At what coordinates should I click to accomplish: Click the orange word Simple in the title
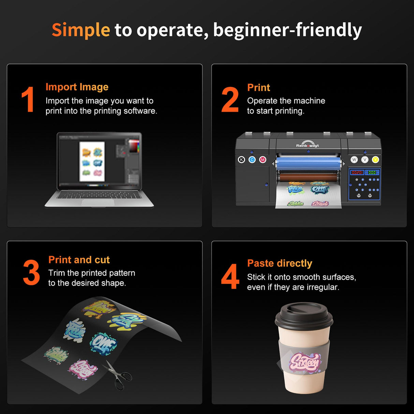tap(81, 30)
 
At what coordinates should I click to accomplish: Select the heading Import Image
tap(77, 87)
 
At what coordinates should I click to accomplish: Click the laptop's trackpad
tap(98, 203)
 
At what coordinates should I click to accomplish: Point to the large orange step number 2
tap(230, 100)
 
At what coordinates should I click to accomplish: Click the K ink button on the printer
tap(241, 160)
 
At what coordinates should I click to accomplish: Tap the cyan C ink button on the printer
tap(252, 160)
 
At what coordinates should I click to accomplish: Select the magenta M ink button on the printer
tap(263, 160)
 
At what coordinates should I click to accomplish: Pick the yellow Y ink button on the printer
tap(375, 160)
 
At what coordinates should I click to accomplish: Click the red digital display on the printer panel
tap(357, 173)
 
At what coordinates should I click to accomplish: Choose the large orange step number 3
tap(31, 272)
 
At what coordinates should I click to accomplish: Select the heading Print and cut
tap(79, 260)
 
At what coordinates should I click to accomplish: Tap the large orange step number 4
tap(230, 277)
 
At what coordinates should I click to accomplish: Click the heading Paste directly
tap(280, 263)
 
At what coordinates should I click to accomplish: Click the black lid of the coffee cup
tap(304, 315)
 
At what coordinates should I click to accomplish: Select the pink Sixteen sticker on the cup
tap(304, 362)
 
